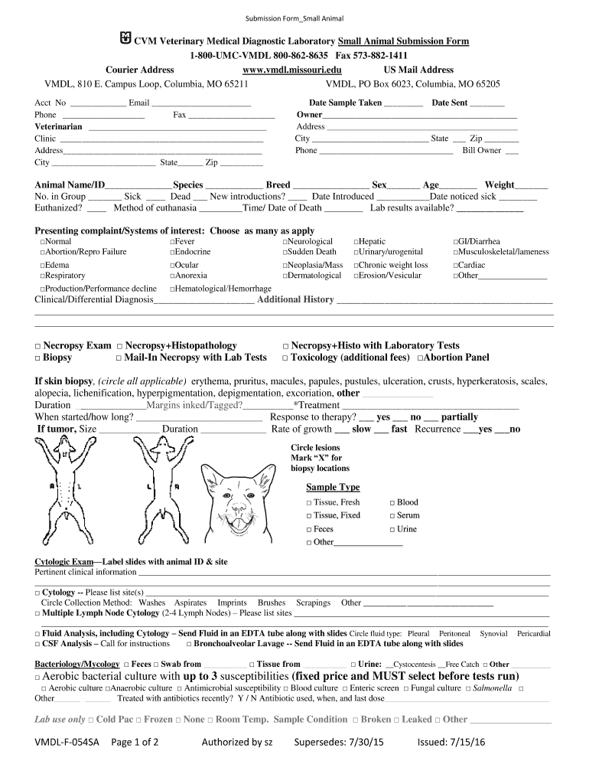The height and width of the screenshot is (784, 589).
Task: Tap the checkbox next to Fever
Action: point(172,241)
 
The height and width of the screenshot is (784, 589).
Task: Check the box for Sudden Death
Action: point(285,252)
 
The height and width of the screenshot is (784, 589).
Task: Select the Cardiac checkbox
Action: point(456,266)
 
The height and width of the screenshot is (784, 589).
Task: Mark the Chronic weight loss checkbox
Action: point(356,266)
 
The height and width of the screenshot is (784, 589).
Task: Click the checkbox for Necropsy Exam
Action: point(37,346)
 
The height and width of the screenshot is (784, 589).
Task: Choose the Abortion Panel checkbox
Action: point(420,358)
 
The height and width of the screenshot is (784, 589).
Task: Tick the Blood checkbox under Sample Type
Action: point(392,502)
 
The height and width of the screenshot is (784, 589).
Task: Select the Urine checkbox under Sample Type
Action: point(392,529)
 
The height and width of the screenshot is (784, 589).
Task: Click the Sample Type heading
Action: point(333,487)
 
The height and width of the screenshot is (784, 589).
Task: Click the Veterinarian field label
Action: point(58,126)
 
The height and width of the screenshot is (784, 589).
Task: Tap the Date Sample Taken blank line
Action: point(403,103)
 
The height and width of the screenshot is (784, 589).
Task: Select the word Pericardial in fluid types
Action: point(533,633)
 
